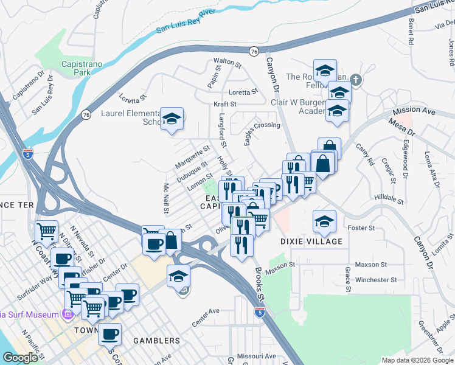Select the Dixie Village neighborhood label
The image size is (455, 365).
pyautogui.click(x=311, y=242)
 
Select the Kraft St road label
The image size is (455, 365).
pyautogui.click(x=224, y=105)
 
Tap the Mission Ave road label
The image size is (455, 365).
pyautogui.click(x=414, y=112)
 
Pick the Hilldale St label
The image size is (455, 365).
pyautogui.click(x=389, y=198)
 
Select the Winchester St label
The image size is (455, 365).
pyautogui.click(x=376, y=280)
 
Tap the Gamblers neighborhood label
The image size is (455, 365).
pyautogui.click(x=158, y=341)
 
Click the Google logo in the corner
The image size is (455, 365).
pyautogui.click(x=20, y=358)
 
